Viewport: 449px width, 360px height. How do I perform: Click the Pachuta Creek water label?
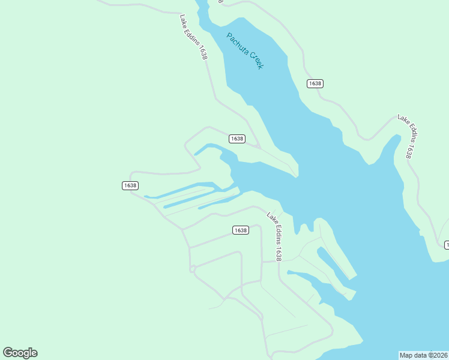point(244,51)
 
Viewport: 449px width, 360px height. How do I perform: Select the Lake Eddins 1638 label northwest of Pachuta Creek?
point(194,37)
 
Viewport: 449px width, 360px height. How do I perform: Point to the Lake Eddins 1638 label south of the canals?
point(274,237)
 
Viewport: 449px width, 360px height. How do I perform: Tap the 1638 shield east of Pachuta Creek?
point(315,83)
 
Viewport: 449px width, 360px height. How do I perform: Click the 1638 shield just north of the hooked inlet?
point(237,139)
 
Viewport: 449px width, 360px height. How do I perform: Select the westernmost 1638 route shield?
point(130,185)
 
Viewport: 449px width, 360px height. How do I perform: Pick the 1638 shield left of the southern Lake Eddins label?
point(240,230)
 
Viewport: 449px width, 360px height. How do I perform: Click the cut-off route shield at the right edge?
point(446,245)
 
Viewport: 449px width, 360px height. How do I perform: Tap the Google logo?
point(20,353)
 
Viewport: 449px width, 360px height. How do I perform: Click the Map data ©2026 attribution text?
point(423,355)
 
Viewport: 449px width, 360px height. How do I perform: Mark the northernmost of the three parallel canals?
point(180,190)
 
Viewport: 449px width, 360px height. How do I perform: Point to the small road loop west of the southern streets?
point(193,269)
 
